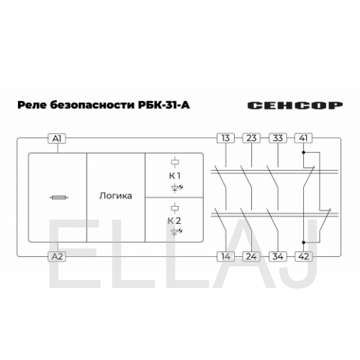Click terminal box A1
tap(57, 138)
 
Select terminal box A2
tap(57, 256)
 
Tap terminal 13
tap(225, 138)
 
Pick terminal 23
tap(251, 138)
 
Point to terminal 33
tap(278, 138)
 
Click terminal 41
tap(304, 138)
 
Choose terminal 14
tap(225, 256)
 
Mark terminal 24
tap(251, 256)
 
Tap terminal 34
tap(278, 256)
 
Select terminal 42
tap(304, 256)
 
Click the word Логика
tap(116, 196)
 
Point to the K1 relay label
tap(175, 176)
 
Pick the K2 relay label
tap(174, 221)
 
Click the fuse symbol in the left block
tap(59, 197)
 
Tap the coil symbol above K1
tap(175, 163)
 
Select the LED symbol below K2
tap(176, 232)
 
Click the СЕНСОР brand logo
tap(295, 105)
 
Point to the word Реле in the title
tap(32, 105)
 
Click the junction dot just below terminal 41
tap(304, 153)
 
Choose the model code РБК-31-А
tap(164, 105)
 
